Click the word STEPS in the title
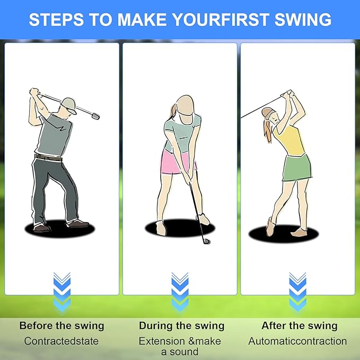pyautogui.click(x=57, y=19)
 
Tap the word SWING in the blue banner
pyautogui.click(x=303, y=19)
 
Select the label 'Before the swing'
pyautogui.click(x=62, y=326)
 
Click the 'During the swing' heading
pyautogui.click(x=182, y=326)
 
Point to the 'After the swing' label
pyautogui.click(x=300, y=326)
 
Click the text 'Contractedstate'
pyautogui.click(x=62, y=341)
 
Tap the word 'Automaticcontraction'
pyautogui.click(x=297, y=341)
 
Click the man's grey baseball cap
pyautogui.click(x=68, y=105)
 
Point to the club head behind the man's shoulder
pyautogui.click(x=95, y=116)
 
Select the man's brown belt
pyautogui.click(x=48, y=157)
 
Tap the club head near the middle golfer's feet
pyautogui.click(x=206, y=241)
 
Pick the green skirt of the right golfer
pyautogui.click(x=297, y=168)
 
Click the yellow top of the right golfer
pyautogui.click(x=289, y=139)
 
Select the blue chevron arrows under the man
pyautogui.click(x=62, y=293)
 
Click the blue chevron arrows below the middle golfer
pyautogui.click(x=180, y=293)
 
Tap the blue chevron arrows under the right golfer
pyautogui.click(x=298, y=293)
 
